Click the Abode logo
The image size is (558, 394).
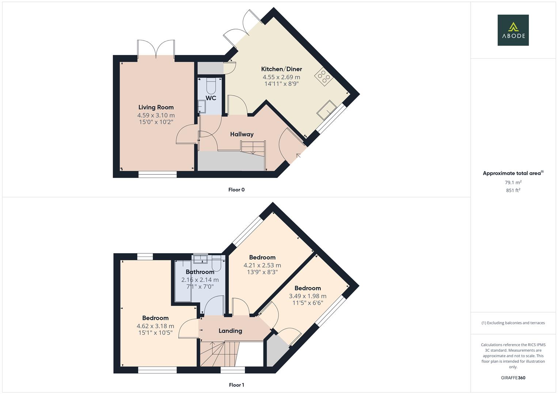[513, 30]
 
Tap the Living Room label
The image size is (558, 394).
[156, 107]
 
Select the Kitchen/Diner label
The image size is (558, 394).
[281, 69]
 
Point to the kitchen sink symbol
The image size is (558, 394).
[327, 110]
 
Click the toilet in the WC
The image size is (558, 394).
[211, 86]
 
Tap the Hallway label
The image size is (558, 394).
[242, 134]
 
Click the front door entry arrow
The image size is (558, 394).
[299, 156]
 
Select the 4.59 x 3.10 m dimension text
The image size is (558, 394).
[156, 115]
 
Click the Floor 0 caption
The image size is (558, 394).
[236, 190]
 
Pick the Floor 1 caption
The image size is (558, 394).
[236, 385]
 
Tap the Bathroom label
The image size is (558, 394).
[200, 272]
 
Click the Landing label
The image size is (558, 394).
[230, 331]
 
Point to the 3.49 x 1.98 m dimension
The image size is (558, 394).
[308, 296]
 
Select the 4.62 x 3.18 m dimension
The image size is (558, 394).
[155, 326]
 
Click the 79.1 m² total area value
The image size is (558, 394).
[513, 182]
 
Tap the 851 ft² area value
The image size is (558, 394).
[513, 190]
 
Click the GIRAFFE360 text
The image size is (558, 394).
[513, 378]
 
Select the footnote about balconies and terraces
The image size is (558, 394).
[513, 323]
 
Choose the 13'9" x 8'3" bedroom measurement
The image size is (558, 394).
[262, 272]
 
